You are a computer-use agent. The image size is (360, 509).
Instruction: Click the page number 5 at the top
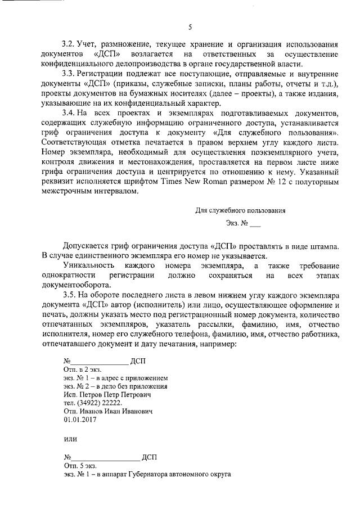(x=190, y=26)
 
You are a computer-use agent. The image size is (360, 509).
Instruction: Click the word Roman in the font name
(x=220, y=182)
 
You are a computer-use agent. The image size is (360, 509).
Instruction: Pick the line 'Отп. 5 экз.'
(x=80, y=466)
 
